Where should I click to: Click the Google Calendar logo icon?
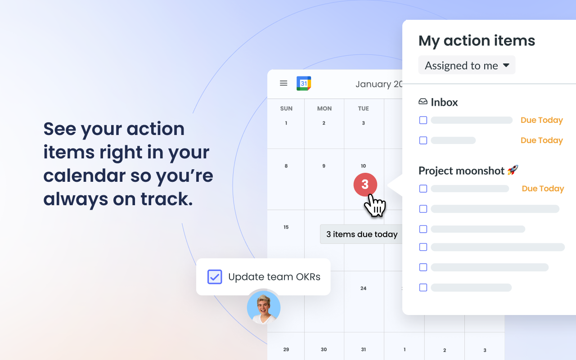pyautogui.click(x=304, y=83)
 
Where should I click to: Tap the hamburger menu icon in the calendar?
pyautogui.click(x=283, y=83)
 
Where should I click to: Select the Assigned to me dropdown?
pyautogui.click(x=467, y=65)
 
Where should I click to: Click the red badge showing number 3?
pyautogui.click(x=365, y=184)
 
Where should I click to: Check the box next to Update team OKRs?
pyautogui.click(x=215, y=277)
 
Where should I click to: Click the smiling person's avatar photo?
pyautogui.click(x=264, y=308)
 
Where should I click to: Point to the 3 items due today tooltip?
pyautogui.click(x=362, y=234)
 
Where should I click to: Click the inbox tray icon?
pyautogui.click(x=423, y=102)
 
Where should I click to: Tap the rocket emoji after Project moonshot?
pyautogui.click(x=513, y=170)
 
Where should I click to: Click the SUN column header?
pyautogui.click(x=286, y=108)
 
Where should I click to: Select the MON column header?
pyautogui.click(x=324, y=108)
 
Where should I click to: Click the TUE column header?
pyautogui.click(x=364, y=108)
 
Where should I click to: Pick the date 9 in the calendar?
pyautogui.click(x=324, y=166)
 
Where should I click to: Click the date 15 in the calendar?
pyautogui.click(x=286, y=227)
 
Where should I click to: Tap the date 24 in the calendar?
pyautogui.click(x=363, y=288)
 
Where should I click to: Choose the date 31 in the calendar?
pyautogui.click(x=363, y=349)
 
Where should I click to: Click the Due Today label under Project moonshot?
pyautogui.click(x=543, y=189)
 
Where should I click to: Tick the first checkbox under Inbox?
pyautogui.click(x=423, y=120)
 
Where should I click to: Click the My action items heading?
pyautogui.click(x=477, y=40)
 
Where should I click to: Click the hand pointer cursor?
pyautogui.click(x=374, y=206)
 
